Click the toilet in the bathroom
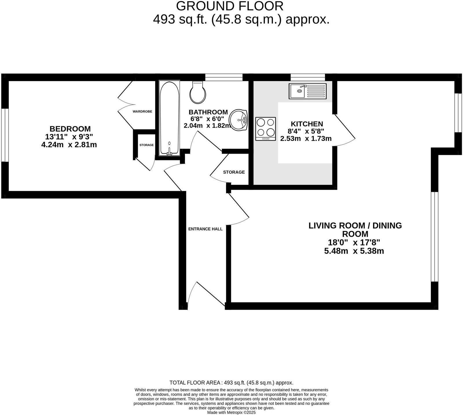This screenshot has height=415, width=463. pyautogui.click(x=198, y=92)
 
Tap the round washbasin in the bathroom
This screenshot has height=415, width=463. pyautogui.click(x=239, y=119)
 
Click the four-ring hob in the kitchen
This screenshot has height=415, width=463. pyautogui.click(x=266, y=129)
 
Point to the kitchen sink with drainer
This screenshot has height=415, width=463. pyautogui.click(x=307, y=91)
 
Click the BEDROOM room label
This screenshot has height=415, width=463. pyautogui.click(x=70, y=129)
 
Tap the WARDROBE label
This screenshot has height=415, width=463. pyautogui.click(x=142, y=111)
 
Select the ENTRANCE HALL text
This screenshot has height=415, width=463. pyautogui.click(x=205, y=229)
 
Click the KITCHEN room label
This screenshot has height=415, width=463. pyautogui.click(x=307, y=124)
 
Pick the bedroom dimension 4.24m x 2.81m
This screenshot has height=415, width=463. pyautogui.click(x=69, y=145)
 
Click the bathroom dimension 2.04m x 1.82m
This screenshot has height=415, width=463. pyautogui.click(x=207, y=126)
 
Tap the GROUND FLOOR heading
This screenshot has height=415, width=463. pyautogui.click(x=230, y=6)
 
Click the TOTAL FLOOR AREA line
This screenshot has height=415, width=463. pyautogui.click(x=231, y=383)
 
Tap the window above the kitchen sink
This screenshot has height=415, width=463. pyautogui.click(x=308, y=77)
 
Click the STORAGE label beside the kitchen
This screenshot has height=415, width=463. pyautogui.click(x=234, y=172)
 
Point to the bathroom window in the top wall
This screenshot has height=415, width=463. pyautogui.click(x=224, y=77)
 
